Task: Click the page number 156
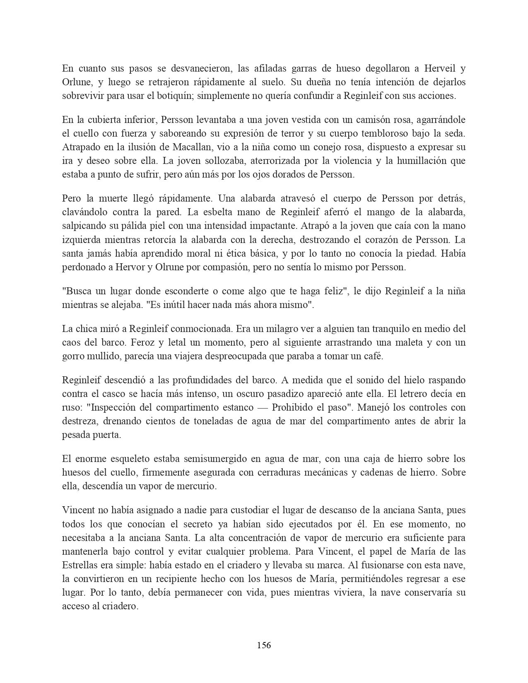point(264,645)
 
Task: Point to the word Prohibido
point(293,407)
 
